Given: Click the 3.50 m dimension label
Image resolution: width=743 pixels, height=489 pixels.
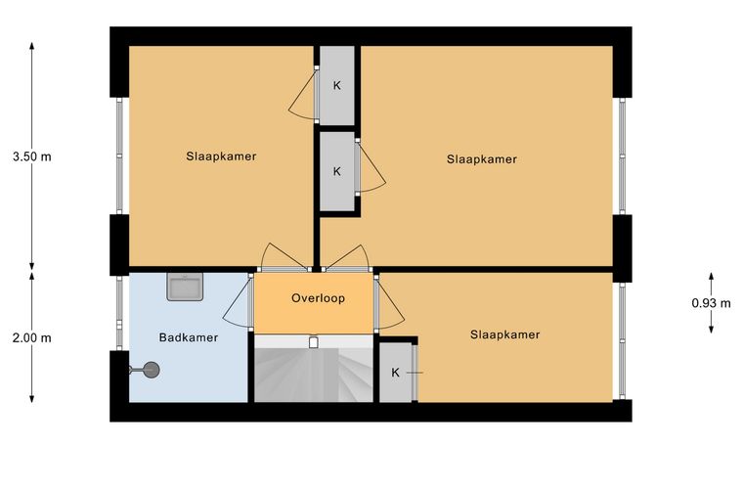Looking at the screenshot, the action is pos(31,156).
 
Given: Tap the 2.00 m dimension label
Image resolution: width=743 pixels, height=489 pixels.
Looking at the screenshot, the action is pos(31,337).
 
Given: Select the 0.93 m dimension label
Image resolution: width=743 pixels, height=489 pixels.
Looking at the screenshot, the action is pos(711,303).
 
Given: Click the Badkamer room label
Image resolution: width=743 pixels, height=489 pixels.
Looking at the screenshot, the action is pos(188,337).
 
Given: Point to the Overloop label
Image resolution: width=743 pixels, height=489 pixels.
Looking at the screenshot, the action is pos(318,298).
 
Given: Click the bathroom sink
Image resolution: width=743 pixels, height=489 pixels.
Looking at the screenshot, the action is pos(185,287).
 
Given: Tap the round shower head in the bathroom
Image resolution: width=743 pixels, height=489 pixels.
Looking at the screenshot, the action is pos(152,370).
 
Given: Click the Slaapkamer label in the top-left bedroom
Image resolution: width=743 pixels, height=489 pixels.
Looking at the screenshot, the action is pos(221,156).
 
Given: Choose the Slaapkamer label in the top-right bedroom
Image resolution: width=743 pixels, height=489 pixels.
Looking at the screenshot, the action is pos(481,159).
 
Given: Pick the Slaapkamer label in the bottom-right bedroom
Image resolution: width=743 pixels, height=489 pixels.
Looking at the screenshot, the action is pos(504,334).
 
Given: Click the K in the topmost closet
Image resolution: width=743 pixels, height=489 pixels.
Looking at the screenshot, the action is pos(337,86).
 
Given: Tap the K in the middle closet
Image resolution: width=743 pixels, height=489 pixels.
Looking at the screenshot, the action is pos(337,171).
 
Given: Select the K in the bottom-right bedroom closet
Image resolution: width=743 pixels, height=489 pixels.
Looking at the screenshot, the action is pos(395,373).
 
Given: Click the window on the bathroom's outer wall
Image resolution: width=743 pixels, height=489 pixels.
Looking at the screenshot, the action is pos(119,313).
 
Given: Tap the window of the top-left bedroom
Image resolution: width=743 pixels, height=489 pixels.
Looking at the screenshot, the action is pos(119,156).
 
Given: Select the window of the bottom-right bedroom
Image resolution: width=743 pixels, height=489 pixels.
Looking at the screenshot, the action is pos(622,341).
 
